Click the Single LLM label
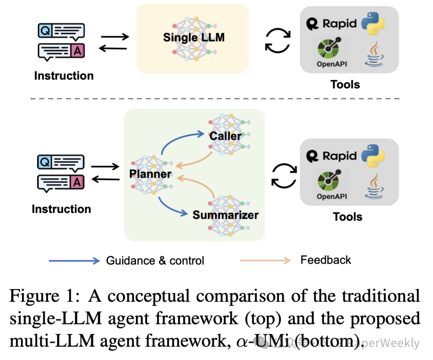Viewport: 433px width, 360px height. [194, 38]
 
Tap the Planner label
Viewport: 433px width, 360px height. [150, 174]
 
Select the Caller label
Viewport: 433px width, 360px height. [225, 136]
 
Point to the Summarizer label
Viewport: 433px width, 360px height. [226, 215]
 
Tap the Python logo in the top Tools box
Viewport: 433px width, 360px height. [373, 24]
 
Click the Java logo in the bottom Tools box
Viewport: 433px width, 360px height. [374, 186]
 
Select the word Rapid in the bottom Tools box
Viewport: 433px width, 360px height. [340, 156]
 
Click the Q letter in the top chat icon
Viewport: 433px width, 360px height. [45, 31]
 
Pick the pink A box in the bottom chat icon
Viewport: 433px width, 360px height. [77, 182]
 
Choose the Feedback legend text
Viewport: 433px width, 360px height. [326, 260]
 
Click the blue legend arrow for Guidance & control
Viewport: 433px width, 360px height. [74, 261]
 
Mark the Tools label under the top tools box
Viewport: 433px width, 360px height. [345, 85]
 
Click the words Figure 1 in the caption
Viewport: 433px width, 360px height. [42, 296]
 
